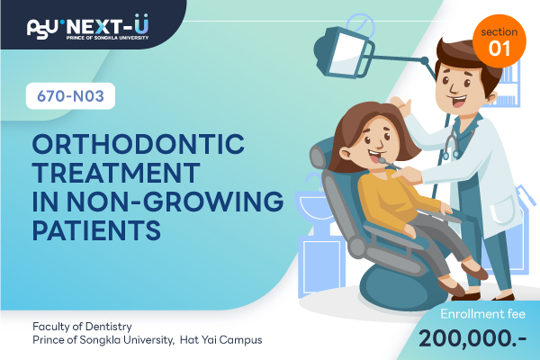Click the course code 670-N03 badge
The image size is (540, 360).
[x=70, y=96]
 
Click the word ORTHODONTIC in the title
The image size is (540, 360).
[x=139, y=144]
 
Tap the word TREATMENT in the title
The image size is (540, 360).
[x=116, y=173]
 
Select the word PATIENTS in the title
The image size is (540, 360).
[x=96, y=229]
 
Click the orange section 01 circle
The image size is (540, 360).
[x=499, y=41]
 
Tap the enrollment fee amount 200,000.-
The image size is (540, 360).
[x=472, y=338]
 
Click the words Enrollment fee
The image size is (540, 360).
[x=482, y=314]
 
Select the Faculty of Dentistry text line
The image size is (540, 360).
[x=82, y=327]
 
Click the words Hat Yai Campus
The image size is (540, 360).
[x=221, y=340]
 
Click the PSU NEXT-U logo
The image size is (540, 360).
[x=88, y=27]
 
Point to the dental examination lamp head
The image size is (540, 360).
[x=345, y=52]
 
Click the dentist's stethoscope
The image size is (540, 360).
[x=451, y=141]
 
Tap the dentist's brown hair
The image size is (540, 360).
[x=468, y=57]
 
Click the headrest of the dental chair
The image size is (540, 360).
[x=319, y=155]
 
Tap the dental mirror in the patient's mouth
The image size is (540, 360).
[x=387, y=163]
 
